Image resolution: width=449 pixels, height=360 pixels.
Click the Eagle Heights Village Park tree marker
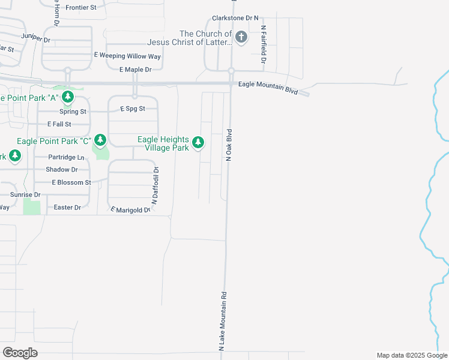pyautogui.click(x=198, y=143)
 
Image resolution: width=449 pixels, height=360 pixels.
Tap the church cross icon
pyautogui.click(x=241, y=38)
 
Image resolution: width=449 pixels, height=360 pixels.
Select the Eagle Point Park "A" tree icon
pyautogui.click(x=68, y=97)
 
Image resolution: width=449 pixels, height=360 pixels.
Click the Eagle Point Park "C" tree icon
pyautogui.click(x=100, y=140)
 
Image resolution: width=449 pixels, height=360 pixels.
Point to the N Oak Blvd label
pyautogui.click(x=229, y=144)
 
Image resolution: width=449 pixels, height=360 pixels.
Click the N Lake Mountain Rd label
pyautogui.click(x=222, y=321)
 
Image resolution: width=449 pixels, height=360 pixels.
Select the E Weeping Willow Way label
pyautogui.click(x=127, y=56)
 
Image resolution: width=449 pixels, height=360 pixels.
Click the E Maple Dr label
pyautogui.click(x=135, y=70)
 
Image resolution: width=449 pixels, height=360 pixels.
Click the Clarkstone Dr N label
pyautogui.click(x=235, y=19)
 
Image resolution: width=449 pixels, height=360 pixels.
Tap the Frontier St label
pyautogui.click(x=81, y=7)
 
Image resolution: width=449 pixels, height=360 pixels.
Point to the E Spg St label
pyautogui.click(x=133, y=109)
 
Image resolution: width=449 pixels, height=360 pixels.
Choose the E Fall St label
pyautogui.click(x=59, y=124)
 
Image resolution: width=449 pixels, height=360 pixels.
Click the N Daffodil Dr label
pyautogui.click(x=154, y=186)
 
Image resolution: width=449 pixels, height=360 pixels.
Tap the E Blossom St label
pyautogui.click(x=71, y=182)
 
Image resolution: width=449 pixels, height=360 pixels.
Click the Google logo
pyautogui.click(x=20, y=353)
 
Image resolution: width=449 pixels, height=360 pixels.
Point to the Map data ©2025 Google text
pyautogui.click(x=411, y=355)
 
